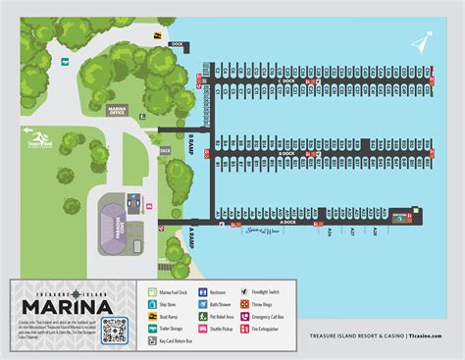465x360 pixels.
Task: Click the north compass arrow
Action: (422, 43)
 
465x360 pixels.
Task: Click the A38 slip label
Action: (375, 231)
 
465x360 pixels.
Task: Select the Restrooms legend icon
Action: (202, 292)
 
